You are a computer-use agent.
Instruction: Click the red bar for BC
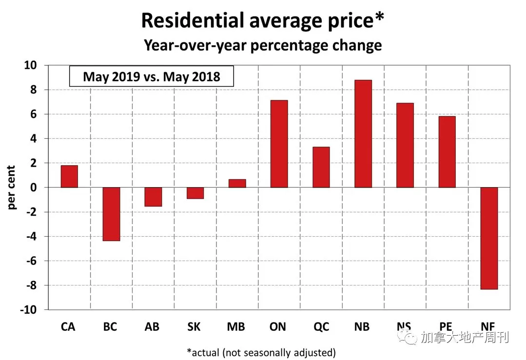[111, 214]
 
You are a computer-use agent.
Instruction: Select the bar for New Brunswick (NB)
[363, 133]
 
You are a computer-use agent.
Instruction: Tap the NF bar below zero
[489, 238]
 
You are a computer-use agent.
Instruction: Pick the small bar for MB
[237, 183]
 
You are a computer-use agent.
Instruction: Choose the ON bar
[279, 143]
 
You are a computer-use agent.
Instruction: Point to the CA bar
[69, 176]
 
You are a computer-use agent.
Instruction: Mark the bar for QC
[321, 167]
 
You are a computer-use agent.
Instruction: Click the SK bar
[195, 193]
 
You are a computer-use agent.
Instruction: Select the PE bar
[447, 152]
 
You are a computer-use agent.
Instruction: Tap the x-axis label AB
[152, 326]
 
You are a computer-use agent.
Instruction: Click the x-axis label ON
[278, 326]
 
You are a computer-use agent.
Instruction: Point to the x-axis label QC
[321, 327]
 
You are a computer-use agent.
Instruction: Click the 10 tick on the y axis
[31, 65]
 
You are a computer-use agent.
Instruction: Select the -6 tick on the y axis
[32, 261]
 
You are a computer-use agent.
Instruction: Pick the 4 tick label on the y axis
[34, 138]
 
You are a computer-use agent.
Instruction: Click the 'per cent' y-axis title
[11, 188]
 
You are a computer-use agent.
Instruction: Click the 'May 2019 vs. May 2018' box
[152, 76]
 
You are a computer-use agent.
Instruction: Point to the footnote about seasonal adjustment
[261, 353]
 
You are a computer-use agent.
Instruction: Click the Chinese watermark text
[465, 337]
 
